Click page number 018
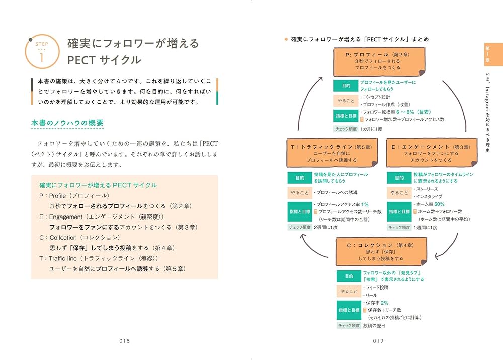tap(125, 341)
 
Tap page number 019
tap(378, 341)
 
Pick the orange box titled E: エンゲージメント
tap(431, 153)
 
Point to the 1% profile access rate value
tap(364, 204)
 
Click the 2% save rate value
tap(384, 303)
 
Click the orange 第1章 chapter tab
tap(488, 53)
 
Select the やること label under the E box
tap(399, 193)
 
